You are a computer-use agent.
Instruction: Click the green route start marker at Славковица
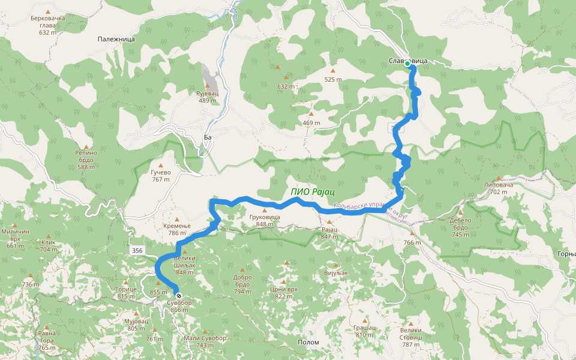point(407,64)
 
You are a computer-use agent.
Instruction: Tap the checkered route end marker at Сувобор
point(178,296)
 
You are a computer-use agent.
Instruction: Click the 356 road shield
point(137,250)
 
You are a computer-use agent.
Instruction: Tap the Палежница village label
point(116,38)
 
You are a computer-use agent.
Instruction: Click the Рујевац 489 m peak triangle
point(207,85)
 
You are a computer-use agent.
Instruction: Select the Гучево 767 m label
point(161,175)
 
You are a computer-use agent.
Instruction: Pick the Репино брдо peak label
point(86,160)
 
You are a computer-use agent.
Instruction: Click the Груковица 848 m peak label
point(264,220)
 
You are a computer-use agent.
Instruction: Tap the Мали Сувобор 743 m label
point(205,341)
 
